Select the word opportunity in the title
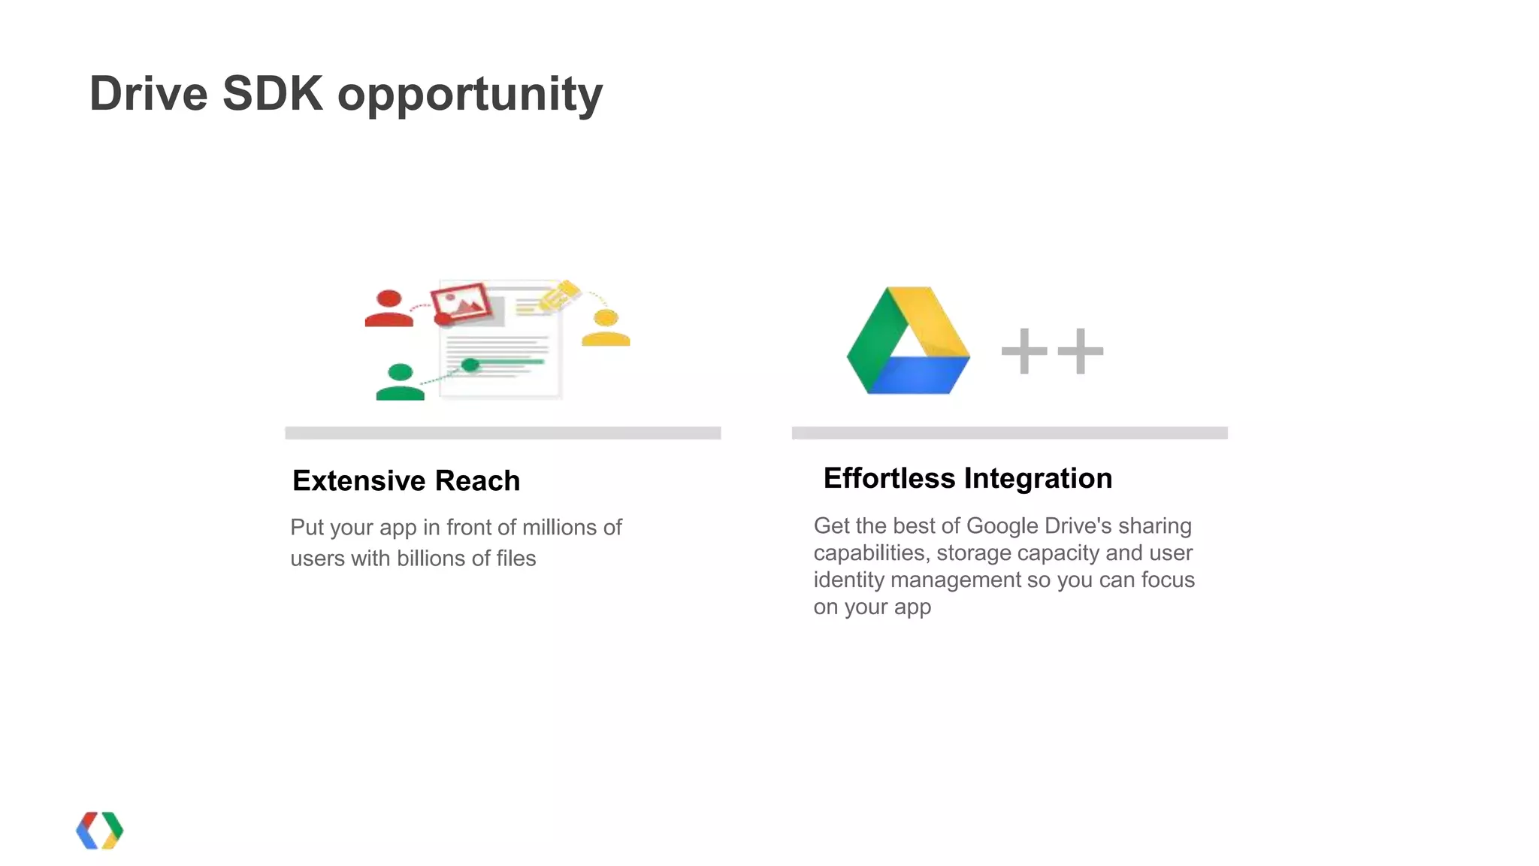coord(470,96)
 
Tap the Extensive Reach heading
coord(406,480)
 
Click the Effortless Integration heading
coord(967,478)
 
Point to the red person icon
coord(389,309)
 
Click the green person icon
coord(400,382)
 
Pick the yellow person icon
coord(606,329)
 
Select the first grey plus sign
coord(1024,350)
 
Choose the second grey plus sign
coord(1080,350)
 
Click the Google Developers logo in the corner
coord(99,830)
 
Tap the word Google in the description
coord(1002,525)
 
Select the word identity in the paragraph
coord(848,580)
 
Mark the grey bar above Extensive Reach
coord(503,433)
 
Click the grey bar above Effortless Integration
coord(1009,433)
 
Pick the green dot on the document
coord(470,365)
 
